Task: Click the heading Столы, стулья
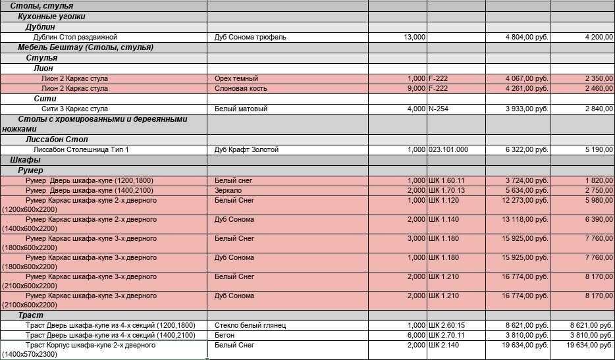41,6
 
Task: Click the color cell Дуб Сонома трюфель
250,38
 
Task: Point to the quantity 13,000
414,38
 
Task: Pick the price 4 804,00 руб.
527,38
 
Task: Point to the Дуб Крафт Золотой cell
247,150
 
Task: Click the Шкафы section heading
26,160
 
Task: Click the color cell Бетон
225,335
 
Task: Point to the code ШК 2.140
442,345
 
